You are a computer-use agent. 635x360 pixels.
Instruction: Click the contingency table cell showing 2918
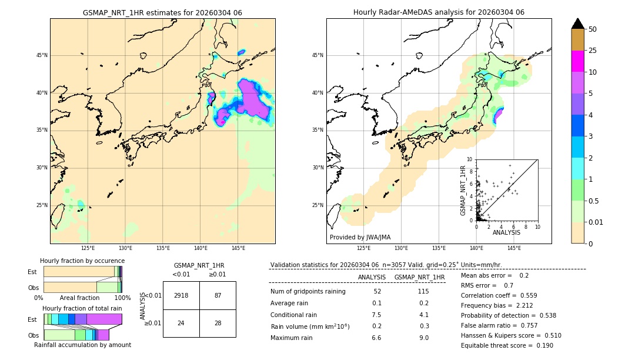pyautogui.click(x=181, y=295)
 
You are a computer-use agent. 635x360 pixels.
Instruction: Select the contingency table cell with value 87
pyautogui.click(x=218, y=295)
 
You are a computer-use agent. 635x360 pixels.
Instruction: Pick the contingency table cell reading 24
pyautogui.click(x=181, y=323)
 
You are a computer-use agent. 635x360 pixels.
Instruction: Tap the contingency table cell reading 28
pyautogui.click(x=218, y=323)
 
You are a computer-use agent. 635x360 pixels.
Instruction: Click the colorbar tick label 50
pyautogui.click(x=593, y=29)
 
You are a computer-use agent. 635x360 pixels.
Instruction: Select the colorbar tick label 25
pyautogui.click(x=593, y=51)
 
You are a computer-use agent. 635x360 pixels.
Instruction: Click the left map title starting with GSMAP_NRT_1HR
pyautogui.click(x=162, y=12)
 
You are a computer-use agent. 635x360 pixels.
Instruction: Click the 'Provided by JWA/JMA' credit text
pyautogui.click(x=360, y=237)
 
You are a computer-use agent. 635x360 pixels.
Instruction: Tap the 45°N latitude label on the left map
pyautogui.click(x=42, y=55)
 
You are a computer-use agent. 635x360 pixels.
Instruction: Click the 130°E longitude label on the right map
pyautogui.click(x=401, y=249)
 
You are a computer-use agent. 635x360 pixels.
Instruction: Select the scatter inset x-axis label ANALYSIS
pyautogui.click(x=506, y=233)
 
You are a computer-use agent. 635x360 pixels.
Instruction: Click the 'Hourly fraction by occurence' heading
pyautogui.click(x=82, y=261)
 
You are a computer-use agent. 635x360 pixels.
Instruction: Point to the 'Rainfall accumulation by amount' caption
pyautogui.click(x=83, y=345)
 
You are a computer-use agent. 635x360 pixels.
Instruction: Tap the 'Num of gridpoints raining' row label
pyautogui.click(x=308, y=292)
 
